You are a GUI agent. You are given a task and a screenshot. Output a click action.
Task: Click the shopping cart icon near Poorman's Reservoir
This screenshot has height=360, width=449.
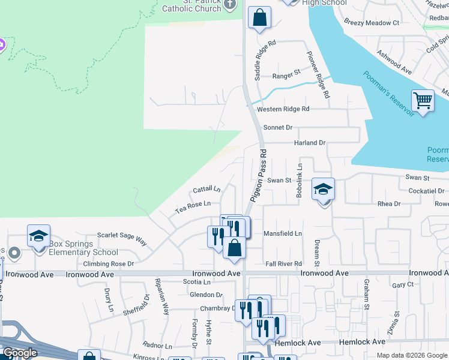[x=423, y=100]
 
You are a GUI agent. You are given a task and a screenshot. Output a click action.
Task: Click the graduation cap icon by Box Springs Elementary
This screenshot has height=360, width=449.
[x=38, y=236]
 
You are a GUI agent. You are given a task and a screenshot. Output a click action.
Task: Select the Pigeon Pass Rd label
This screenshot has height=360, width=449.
[x=260, y=179]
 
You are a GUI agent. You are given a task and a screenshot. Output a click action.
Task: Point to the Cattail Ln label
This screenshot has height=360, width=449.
[x=206, y=190]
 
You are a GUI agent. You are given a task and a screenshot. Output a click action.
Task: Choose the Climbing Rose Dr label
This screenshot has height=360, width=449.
[x=109, y=263]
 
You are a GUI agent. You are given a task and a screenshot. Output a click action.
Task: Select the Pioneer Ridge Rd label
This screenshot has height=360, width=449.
[x=318, y=75]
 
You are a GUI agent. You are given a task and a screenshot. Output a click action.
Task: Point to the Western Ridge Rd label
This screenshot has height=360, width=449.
[x=283, y=109]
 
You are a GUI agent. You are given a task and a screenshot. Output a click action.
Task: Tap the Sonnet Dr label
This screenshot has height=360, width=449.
[x=277, y=128]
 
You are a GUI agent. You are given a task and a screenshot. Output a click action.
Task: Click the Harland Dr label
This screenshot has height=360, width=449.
[x=309, y=143]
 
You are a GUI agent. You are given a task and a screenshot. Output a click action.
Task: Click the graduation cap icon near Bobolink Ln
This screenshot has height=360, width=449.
[x=323, y=190]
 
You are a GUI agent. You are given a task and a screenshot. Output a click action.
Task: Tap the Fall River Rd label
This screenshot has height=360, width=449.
[x=283, y=263]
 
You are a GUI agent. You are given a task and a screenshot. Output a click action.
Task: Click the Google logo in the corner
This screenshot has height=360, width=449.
[x=20, y=353]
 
